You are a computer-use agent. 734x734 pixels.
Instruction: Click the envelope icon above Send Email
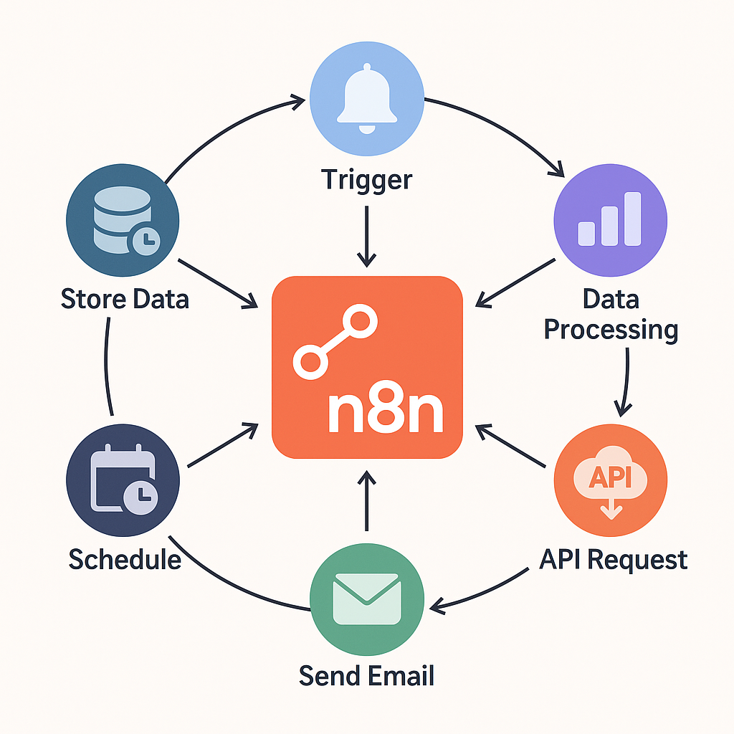pos(366,599)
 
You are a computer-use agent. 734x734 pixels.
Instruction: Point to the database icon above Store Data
pos(118,219)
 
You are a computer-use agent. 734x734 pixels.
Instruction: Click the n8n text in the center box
pos(384,413)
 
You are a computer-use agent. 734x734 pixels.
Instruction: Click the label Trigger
pos(366,178)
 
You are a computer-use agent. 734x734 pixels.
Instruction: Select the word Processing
pos(611,330)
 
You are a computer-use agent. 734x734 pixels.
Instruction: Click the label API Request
pos(613,558)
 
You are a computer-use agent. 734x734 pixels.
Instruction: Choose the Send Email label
pos(366,675)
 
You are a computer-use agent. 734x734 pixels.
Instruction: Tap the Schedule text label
pos(125,558)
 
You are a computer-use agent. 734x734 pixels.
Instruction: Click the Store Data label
pos(125,298)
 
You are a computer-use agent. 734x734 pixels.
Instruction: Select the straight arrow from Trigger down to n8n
pos(366,237)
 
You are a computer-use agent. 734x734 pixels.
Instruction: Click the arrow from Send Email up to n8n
pos(366,502)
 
